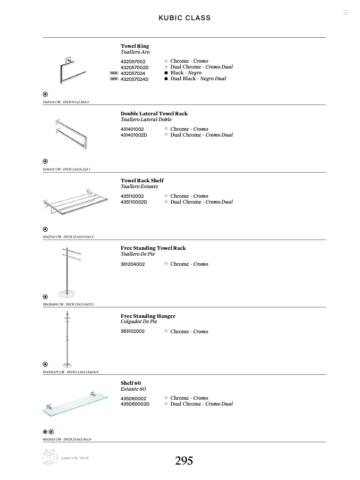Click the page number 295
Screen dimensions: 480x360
(x=184, y=461)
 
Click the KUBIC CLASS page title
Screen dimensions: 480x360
(x=185, y=18)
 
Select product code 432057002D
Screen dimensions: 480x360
(x=135, y=68)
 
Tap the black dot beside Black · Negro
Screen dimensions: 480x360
(x=166, y=73)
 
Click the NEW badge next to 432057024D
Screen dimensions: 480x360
(x=114, y=79)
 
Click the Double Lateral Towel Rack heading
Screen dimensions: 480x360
(x=154, y=114)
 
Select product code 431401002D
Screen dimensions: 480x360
(x=133, y=135)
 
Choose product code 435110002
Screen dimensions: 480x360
(x=132, y=196)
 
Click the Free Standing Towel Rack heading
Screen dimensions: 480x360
(x=153, y=248)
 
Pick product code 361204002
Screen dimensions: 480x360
(x=132, y=264)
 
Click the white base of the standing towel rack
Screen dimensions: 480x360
(x=66, y=292)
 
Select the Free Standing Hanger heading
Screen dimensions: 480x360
(x=148, y=316)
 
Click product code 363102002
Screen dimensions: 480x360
(x=132, y=331)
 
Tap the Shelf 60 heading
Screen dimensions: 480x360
(x=131, y=383)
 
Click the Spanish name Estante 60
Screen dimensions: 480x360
(x=133, y=389)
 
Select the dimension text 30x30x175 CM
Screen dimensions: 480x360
(x=53, y=372)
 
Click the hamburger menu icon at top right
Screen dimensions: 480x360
(x=346, y=12)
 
